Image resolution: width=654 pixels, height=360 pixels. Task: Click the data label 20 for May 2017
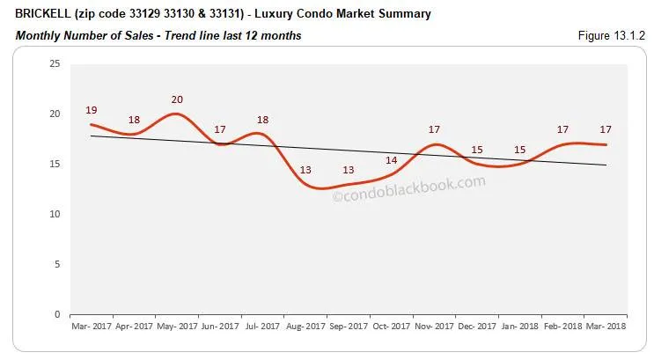[177, 99]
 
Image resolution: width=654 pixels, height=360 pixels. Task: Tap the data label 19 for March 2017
[92, 110]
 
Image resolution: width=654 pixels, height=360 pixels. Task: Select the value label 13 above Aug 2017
[305, 171]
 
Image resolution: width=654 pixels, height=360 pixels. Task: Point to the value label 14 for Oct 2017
[391, 160]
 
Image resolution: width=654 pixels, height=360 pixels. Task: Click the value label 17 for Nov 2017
[434, 130]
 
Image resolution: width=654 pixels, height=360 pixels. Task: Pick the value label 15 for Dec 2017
[476, 150]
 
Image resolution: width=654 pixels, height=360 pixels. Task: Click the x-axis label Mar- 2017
[91, 326]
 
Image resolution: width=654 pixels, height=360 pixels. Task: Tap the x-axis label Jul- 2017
[261, 326]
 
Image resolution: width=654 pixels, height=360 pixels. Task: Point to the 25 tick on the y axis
[55, 64]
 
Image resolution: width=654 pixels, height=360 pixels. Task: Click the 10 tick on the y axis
[55, 214]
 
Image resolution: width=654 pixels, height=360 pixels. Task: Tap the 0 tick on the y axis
[57, 314]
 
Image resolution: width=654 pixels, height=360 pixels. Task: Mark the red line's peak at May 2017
[176, 114]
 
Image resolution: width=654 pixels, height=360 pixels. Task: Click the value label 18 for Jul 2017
[261, 120]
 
